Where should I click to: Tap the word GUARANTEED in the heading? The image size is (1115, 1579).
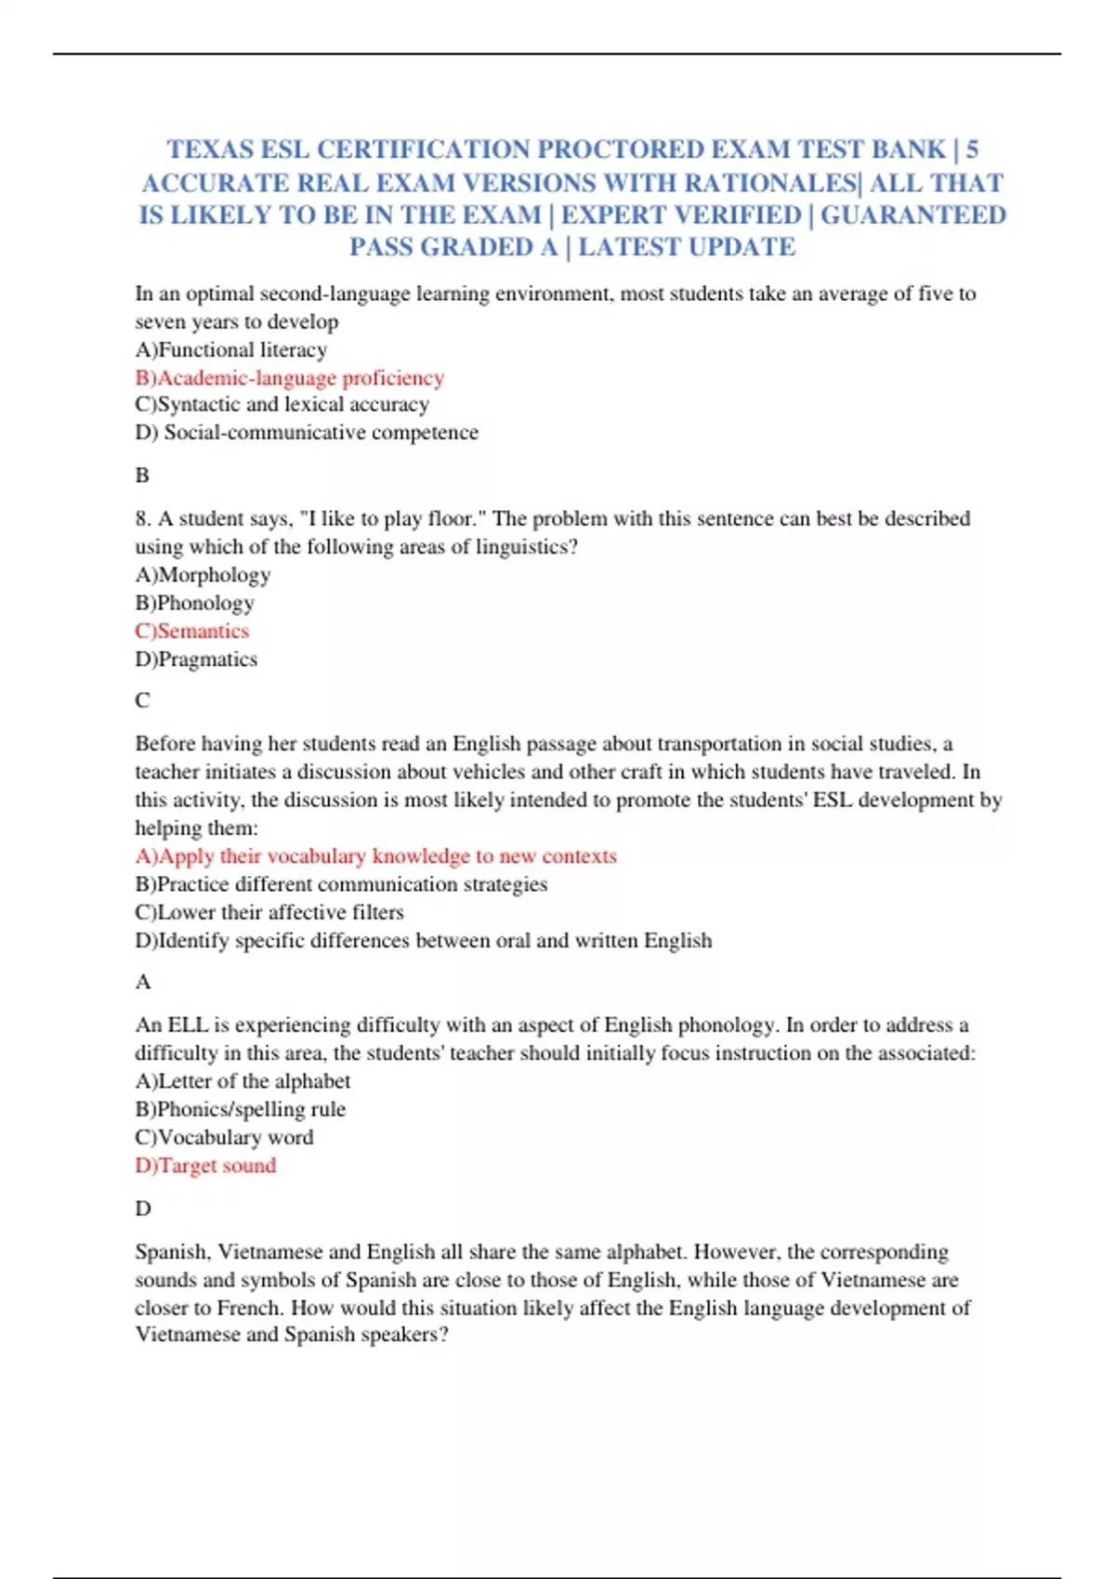912,215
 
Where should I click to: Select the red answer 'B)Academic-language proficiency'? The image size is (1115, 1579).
290,378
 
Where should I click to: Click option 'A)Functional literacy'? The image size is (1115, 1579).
231,350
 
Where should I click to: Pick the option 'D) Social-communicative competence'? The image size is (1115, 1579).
307,433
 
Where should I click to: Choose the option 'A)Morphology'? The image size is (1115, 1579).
203,575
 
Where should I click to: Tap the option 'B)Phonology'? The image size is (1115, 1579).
195,603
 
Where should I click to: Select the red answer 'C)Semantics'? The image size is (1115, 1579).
192,632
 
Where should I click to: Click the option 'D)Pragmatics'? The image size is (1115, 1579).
196,659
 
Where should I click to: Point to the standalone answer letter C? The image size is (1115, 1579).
142,700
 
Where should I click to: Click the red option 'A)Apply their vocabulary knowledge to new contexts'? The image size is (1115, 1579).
375,856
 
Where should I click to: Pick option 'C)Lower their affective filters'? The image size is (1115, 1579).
269,912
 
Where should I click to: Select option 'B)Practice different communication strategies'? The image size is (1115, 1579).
341,884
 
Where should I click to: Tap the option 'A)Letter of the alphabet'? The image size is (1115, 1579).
243,1081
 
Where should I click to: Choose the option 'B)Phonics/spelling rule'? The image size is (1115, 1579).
240,1109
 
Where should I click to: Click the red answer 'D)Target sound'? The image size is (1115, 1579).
205,1166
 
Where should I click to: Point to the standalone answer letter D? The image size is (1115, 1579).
143,1208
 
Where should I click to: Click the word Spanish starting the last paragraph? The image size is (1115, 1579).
171,1252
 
